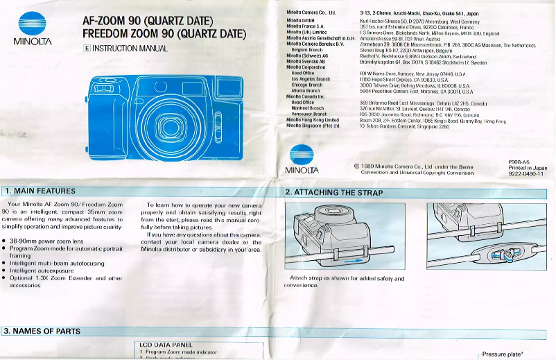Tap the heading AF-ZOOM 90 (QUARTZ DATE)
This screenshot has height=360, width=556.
[x=146, y=21]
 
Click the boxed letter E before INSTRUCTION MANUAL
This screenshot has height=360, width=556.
[x=86, y=49]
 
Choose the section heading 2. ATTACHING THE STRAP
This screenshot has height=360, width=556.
[x=338, y=192]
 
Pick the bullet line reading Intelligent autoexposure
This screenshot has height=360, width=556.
[x=51, y=271]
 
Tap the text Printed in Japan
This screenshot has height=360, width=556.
[x=528, y=168]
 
